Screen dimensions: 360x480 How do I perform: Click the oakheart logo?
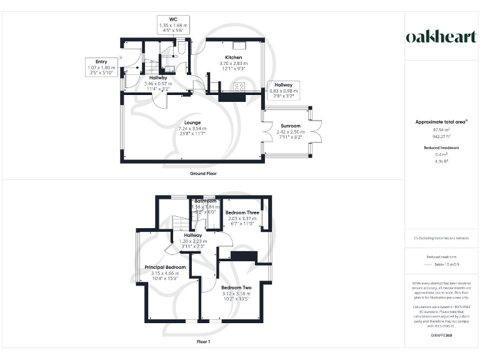(441, 37)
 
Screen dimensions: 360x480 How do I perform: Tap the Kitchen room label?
(234, 57)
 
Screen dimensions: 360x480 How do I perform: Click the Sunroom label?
(290, 126)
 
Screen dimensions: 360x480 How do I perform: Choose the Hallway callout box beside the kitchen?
(283, 91)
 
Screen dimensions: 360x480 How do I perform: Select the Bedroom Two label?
(236, 287)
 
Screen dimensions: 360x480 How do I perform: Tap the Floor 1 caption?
(204, 342)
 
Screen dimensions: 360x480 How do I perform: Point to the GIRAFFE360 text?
(441, 336)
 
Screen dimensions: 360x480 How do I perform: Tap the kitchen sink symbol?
(239, 45)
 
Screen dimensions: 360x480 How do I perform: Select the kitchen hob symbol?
(239, 88)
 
